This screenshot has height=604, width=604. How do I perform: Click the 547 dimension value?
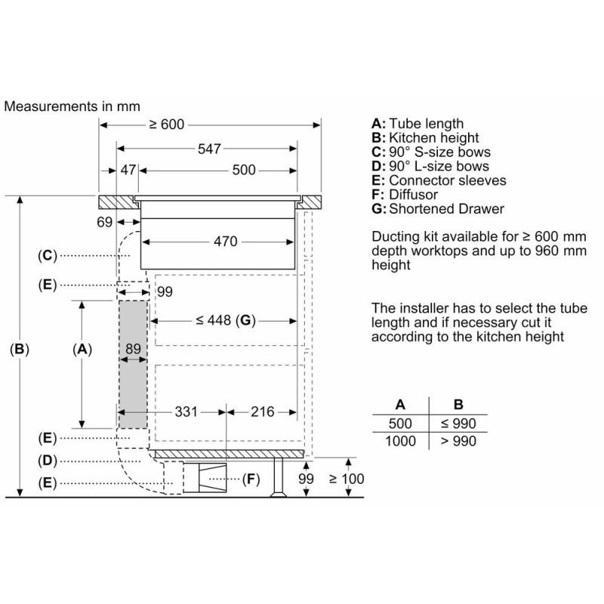[x=209, y=149]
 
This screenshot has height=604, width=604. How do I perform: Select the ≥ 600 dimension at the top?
[x=167, y=125]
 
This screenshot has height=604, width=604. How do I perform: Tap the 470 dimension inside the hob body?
[x=225, y=242]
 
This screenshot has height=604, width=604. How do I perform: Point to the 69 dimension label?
[x=104, y=222]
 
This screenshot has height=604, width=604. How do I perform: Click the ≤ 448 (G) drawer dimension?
[x=226, y=320]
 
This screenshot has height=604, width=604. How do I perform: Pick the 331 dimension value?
[x=186, y=411]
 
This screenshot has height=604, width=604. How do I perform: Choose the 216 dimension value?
[x=263, y=411]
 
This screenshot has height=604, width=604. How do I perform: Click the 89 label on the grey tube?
[x=134, y=349]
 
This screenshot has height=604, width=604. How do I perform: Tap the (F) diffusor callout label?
[x=251, y=479]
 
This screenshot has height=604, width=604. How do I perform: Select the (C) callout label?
[x=48, y=255]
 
